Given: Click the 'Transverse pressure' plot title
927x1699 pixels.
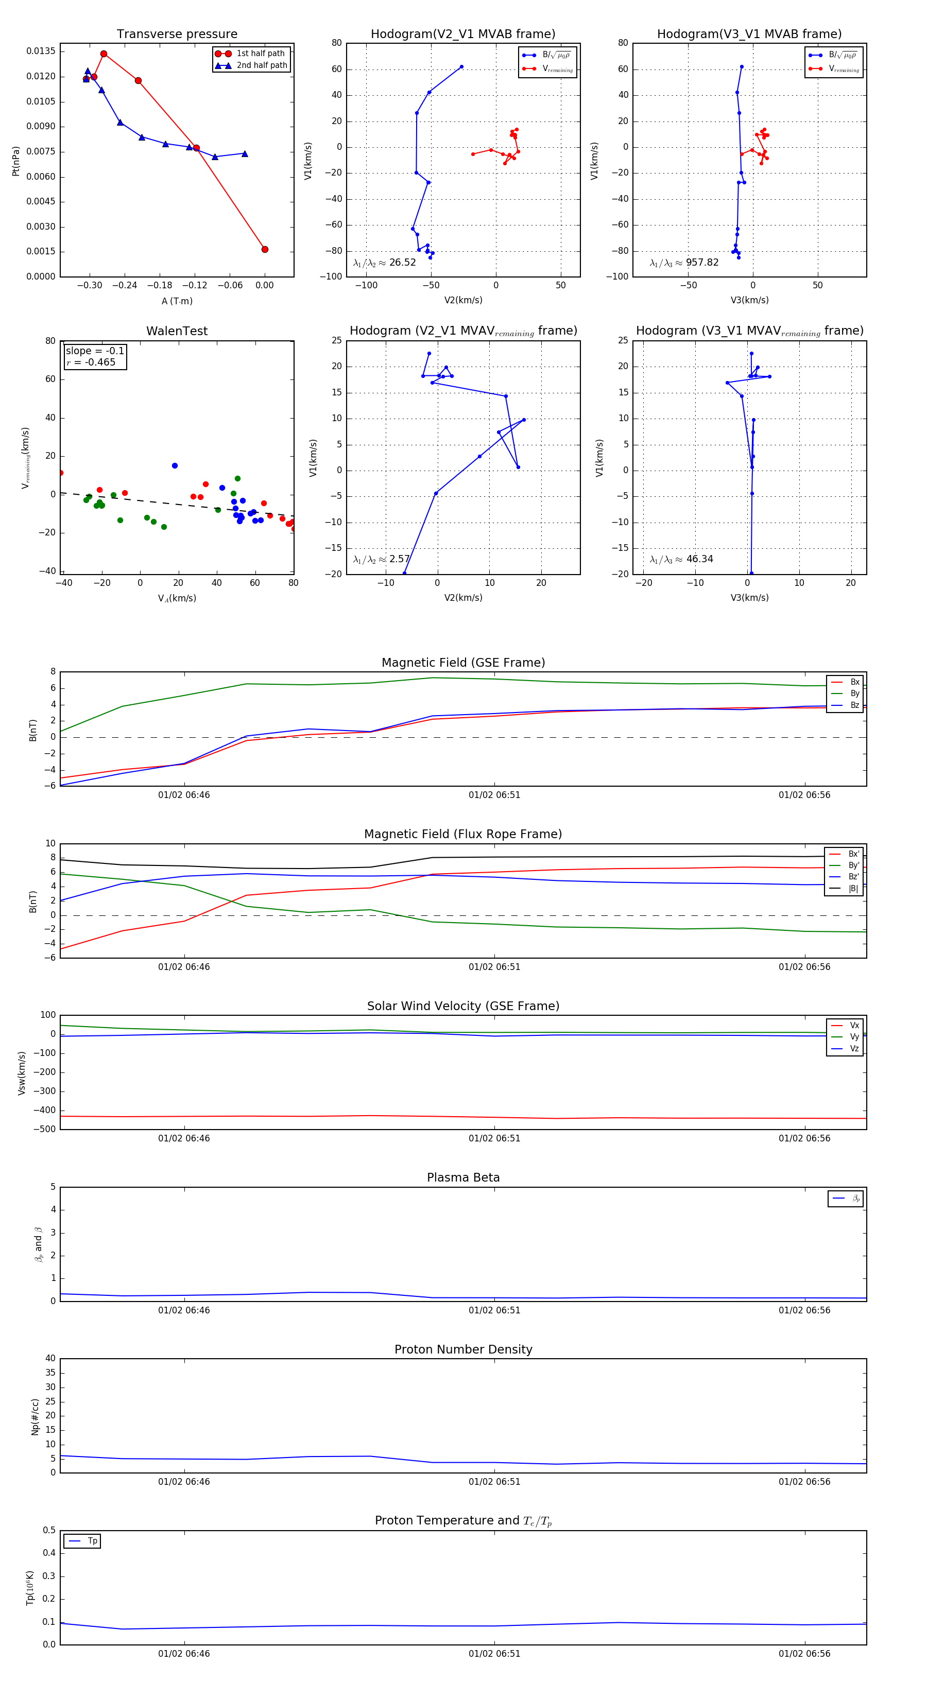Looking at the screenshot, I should click(177, 34).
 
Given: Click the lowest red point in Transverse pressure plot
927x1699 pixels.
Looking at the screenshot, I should click(265, 249).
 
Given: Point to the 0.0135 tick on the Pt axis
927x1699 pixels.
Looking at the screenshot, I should click(41, 51).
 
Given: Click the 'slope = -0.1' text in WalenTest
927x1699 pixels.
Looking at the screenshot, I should click(94, 351).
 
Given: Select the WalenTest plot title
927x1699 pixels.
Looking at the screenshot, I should click(177, 331).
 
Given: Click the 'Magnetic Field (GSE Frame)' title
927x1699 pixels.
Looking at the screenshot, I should click(463, 663).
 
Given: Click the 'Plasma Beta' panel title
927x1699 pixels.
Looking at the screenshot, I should click(463, 1178).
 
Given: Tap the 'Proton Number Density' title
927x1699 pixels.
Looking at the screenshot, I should click(463, 1349).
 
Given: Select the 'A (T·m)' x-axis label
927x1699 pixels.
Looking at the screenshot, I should click(177, 301).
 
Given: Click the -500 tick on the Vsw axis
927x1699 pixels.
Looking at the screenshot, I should click(45, 1129).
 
